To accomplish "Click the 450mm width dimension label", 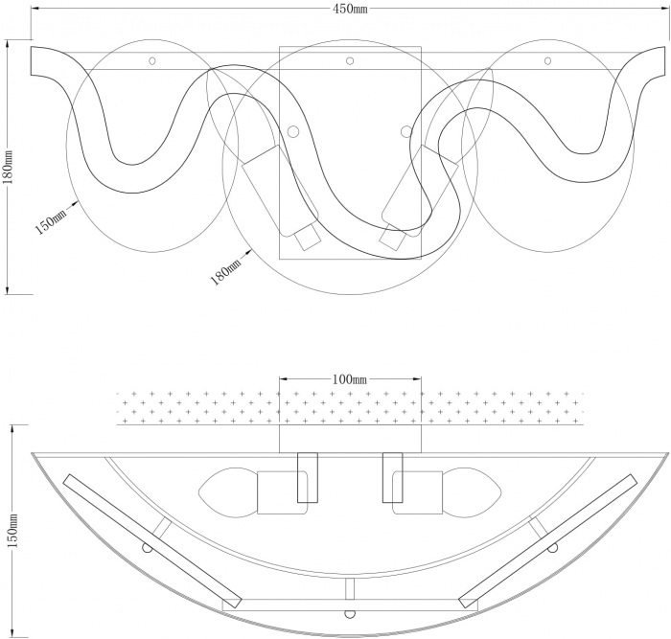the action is click(350, 9).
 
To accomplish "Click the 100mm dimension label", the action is click(350, 379).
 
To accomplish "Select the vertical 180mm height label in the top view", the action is click(9, 167).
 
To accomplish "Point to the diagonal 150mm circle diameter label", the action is click(51, 221).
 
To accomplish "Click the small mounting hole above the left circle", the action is click(151, 60).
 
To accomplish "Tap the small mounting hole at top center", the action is click(350, 60).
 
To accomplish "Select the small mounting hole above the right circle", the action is click(547, 60).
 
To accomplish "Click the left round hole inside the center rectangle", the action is click(293, 132).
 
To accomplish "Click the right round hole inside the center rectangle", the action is click(405, 132).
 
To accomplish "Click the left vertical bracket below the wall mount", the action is click(308, 477).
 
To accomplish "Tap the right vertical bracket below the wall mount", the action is click(392, 477).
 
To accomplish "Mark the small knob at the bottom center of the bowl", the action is click(350, 614).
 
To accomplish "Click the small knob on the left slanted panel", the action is click(147, 548).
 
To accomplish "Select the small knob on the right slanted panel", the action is click(553, 548).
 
